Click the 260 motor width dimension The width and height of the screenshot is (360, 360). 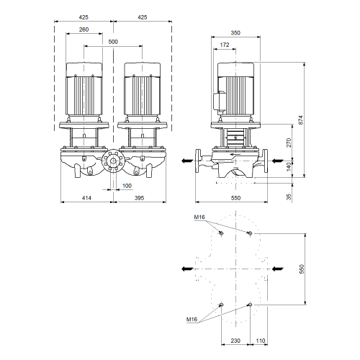point(84,30)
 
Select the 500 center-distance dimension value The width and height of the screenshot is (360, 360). point(113,42)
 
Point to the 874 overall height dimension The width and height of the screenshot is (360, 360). point(301,120)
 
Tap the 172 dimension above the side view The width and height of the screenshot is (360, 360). point(225,45)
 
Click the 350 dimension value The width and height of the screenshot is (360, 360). point(235,32)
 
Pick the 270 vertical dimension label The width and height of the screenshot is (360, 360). point(289,143)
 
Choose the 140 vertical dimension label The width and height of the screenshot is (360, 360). point(289,166)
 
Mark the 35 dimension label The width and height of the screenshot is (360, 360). point(289,197)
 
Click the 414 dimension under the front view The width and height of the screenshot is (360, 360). point(86,198)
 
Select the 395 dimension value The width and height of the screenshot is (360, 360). point(139,198)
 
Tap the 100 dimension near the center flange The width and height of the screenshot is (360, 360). point(127,186)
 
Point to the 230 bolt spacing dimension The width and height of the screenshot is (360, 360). point(235,341)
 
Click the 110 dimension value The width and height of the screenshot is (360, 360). point(261,341)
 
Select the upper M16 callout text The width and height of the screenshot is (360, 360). point(199,217)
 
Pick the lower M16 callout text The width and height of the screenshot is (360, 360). point(192,320)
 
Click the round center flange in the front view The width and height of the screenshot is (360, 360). point(113,161)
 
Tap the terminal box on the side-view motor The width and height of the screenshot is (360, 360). point(220,102)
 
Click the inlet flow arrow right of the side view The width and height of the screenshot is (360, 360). point(278,161)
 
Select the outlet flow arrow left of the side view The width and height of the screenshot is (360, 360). point(187,161)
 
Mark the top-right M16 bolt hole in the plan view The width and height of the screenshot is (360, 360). point(250,233)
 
